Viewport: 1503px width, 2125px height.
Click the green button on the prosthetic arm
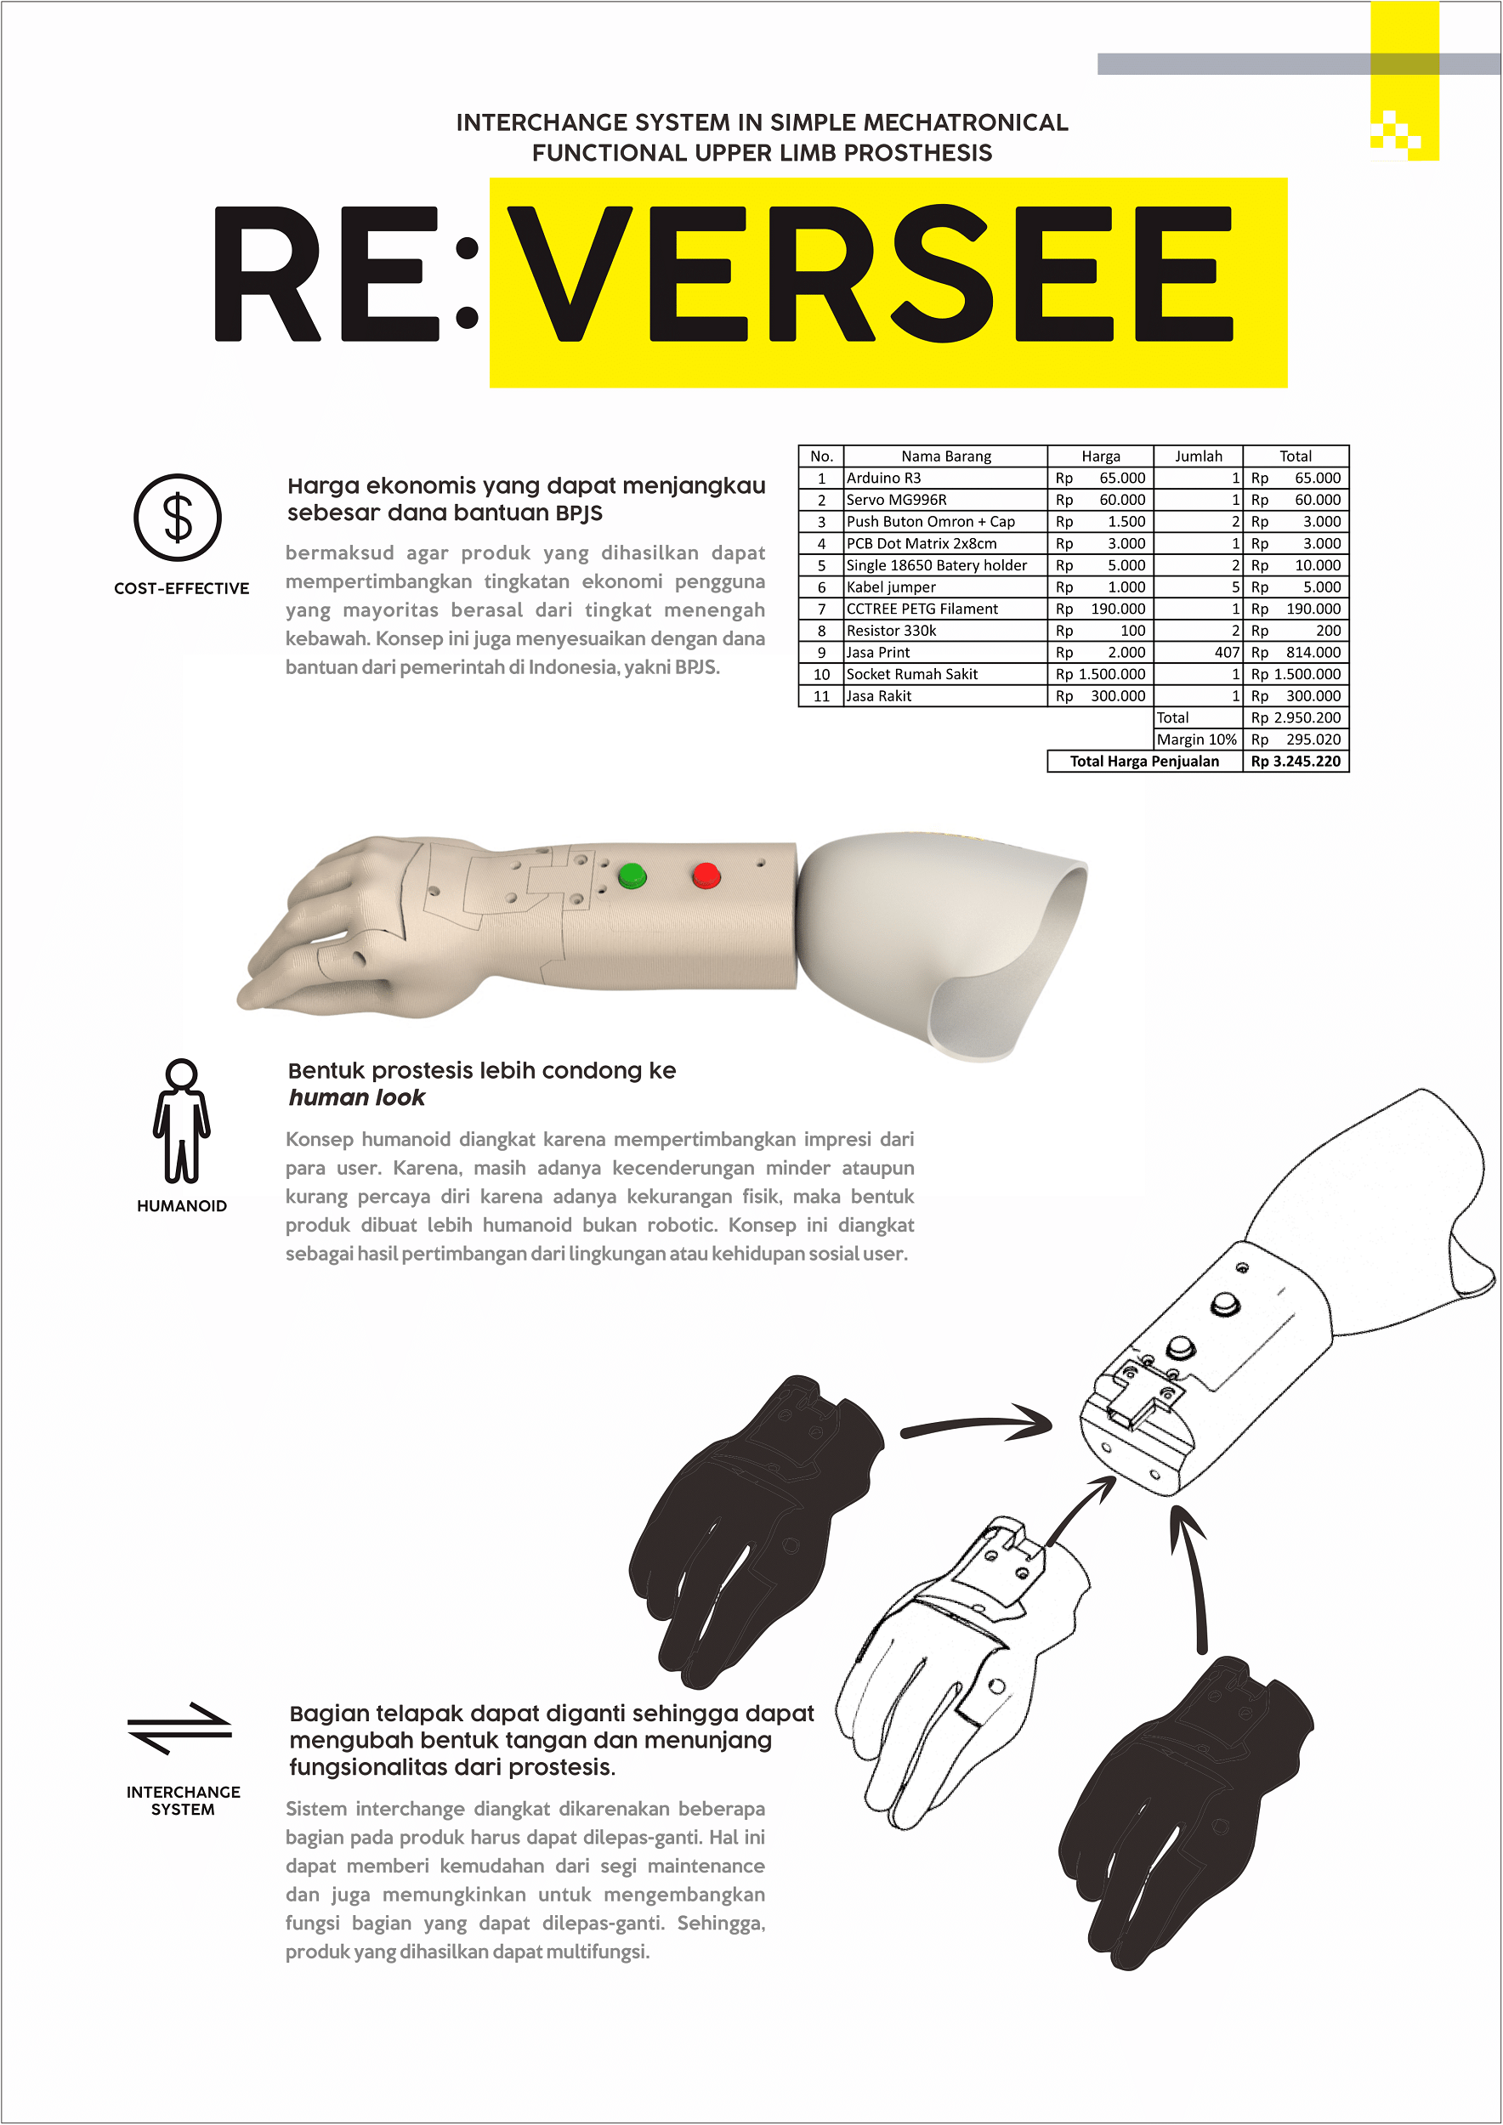(x=632, y=875)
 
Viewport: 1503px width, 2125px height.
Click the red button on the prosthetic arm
(x=706, y=875)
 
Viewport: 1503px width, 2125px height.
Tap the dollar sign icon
(x=178, y=518)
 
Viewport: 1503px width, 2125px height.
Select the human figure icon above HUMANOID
(x=181, y=1121)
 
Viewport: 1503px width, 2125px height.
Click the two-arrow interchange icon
(x=179, y=1728)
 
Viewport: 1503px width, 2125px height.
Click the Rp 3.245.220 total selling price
(x=1296, y=761)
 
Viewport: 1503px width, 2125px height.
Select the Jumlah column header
(x=1199, y=456)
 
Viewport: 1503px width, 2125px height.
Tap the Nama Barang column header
(x=946, y=456)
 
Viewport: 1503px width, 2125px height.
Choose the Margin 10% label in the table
(x=1197, y=739)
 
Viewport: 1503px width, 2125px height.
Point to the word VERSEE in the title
(x=870, y=274)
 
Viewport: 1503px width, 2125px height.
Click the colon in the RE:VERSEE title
(x=468, y=283)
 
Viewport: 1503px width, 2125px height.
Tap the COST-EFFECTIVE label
(x=181, y=589)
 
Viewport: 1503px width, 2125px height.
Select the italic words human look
(x=357, y=1097)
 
